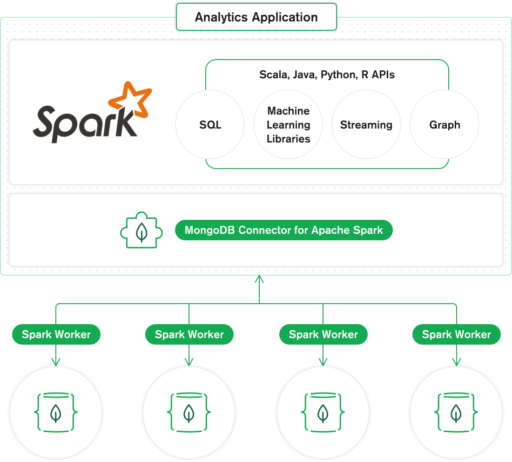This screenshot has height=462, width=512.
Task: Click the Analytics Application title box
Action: (256, 17)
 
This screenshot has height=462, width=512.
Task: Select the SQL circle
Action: (210, 125)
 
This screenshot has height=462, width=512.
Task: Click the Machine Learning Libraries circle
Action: (288, 125)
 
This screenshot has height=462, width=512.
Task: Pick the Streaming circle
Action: (366, 125)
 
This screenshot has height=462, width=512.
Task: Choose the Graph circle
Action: (445, 125)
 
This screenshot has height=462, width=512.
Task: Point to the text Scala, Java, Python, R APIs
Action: (327, 75)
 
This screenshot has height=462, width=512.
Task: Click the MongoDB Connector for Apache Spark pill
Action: (283, 230)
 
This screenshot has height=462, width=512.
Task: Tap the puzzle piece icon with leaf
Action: (141, 231)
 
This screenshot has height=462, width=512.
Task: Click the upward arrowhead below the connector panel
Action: (259, 279)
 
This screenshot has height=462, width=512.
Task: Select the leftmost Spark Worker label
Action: (56, 334)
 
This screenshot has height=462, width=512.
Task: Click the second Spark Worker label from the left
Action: (189, 334)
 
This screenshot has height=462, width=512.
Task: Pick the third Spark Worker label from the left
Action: (323, 334)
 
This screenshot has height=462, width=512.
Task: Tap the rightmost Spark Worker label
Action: (456, 334)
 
